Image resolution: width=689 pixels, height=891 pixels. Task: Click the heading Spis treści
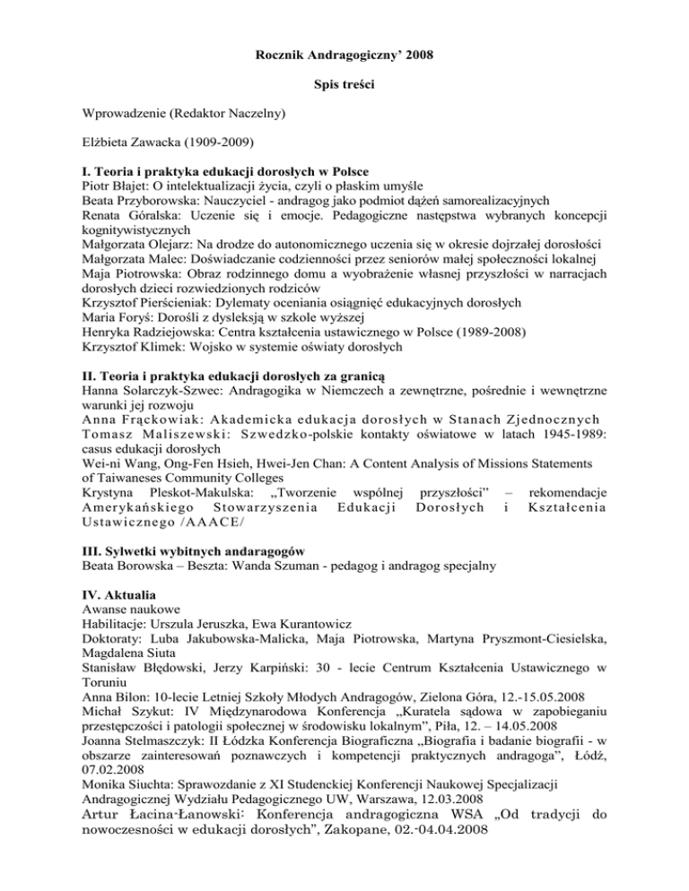pyautogui.click(x=344, y=83)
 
